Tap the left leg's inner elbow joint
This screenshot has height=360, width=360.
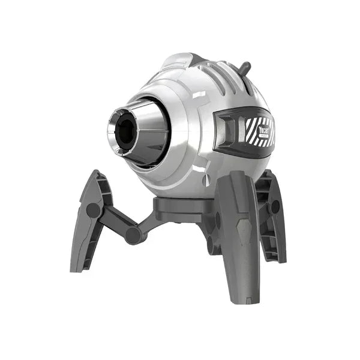point(135,235)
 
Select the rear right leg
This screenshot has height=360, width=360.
point(271,216)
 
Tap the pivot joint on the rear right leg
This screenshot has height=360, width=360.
point(275,208)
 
